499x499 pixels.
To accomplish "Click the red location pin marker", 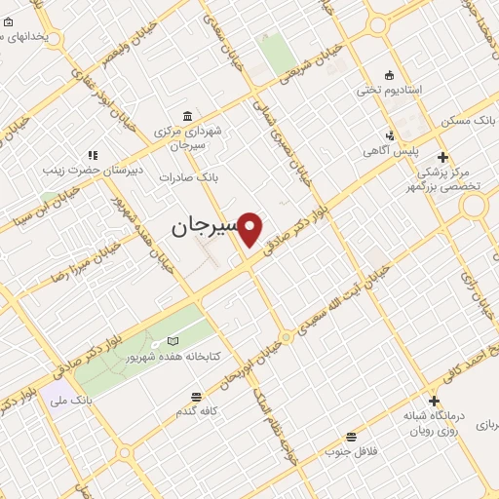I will click(x=251, y=228).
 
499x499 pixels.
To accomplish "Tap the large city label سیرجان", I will click(x=205, y=227).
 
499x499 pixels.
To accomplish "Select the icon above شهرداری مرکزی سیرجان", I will click(x=185, y=115).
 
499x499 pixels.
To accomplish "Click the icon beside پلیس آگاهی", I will click(x=391, y=135).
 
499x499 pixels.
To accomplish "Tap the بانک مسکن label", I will click(x=470, y=121).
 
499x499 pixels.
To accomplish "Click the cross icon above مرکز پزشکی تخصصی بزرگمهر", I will click(x=442, y=157).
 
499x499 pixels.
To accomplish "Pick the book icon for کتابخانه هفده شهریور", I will click(x=173, y=341).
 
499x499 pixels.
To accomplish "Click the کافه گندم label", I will click(x=196, y=412).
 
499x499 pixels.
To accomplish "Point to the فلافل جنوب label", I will click(x=351, y=451).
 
